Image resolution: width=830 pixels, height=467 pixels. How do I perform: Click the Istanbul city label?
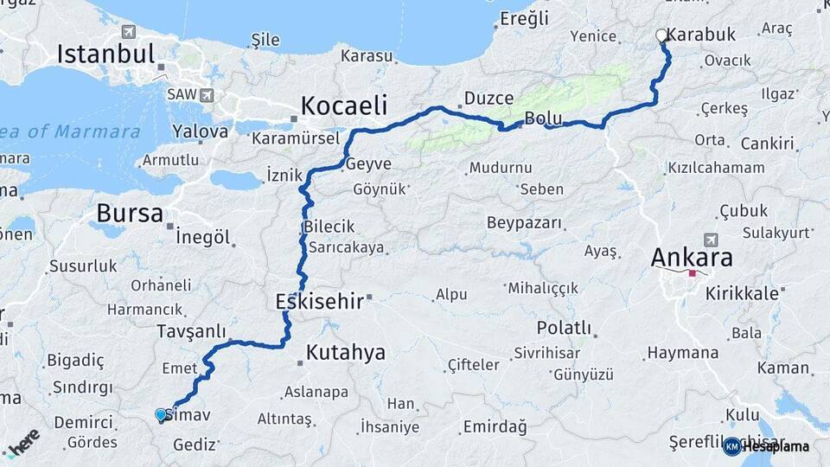click(105, 54)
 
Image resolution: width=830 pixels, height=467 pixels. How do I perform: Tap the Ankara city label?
click(692, 257)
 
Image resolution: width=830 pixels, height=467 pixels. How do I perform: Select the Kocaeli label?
click(343, 106)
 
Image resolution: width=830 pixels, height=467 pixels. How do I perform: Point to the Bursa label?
click(130, 212)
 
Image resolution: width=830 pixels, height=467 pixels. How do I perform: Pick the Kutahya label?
click(345, 352)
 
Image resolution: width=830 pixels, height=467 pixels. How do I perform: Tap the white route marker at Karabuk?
click(662, 35)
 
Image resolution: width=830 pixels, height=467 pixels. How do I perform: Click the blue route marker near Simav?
click(160, 414)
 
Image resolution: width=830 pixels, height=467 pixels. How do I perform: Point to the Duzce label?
click(488, 98)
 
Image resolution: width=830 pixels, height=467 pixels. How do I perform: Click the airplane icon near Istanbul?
click(128, 32)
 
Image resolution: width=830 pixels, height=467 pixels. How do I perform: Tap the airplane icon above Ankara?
click(712, 240)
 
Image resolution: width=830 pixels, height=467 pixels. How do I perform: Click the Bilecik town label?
click(329, 227)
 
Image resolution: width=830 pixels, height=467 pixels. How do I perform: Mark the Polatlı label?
click(564, 328)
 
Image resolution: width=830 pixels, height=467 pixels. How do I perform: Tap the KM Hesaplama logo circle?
click(731, 446)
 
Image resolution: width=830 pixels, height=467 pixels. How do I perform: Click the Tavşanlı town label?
click(191, 331)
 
